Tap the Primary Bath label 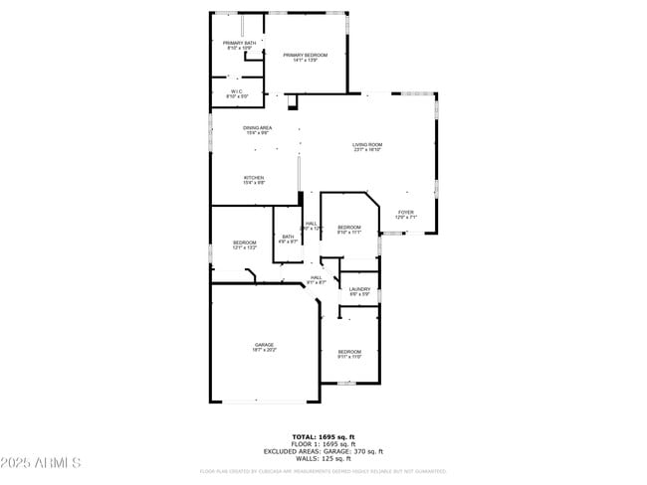tap(239, 43)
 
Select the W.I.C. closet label tap(238, 91)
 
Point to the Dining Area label tap(257, 127)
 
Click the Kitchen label tap(254, 178)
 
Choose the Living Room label tap(367, 145)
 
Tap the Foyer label tap(405, 212)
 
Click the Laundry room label tap(359, 289)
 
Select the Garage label tap(264, 345)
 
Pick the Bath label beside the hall tap(288, 237)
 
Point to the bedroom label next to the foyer tap(348, 228)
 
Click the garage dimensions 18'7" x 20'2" tap(264, 350)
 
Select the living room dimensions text tap(367, 150)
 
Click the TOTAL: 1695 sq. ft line tap(323, 436)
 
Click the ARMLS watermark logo tap(41, 464)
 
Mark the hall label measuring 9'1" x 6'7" tap(316, 279)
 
